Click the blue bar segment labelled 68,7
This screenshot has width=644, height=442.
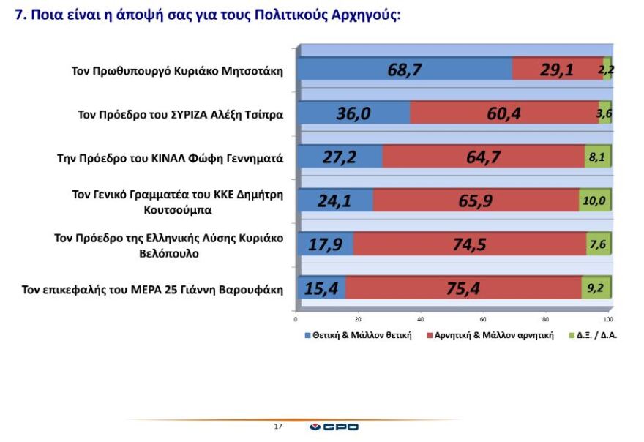pyautogui.click(x=404, y=70)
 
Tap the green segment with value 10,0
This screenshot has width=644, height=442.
pyautogui.click(x=594, y=200)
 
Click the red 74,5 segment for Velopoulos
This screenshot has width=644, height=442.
pyautogui.click(x=469, y=244)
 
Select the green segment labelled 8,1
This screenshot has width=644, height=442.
pyautogui.click(x=596, y=157)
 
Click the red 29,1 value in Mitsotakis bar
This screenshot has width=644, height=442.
pyautogui.click(x=557, y=70)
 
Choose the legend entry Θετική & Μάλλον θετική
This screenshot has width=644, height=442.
pyautogui.click(x=359, y=335)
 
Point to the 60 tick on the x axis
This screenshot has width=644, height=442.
pyautogui.click(x=483, y=320)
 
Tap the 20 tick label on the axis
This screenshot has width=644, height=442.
pyautogui.click(x=358, y=320)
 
